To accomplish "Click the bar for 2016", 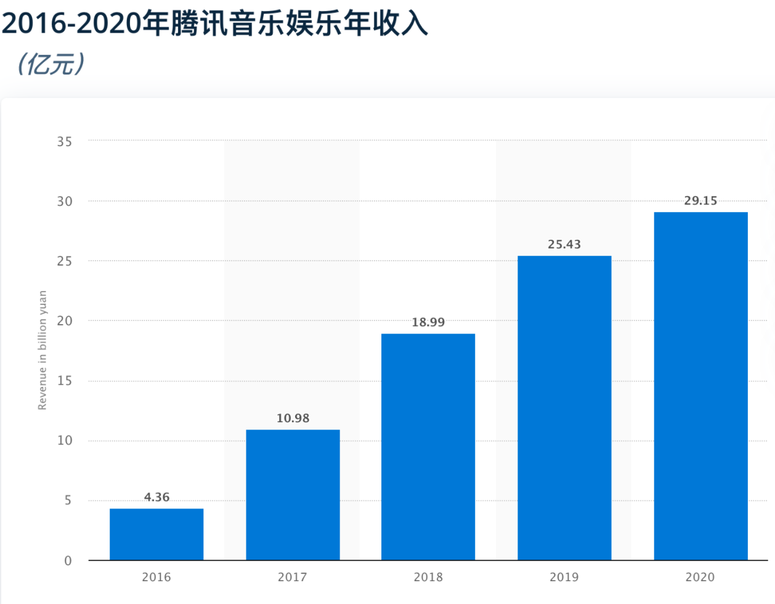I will (156, 534).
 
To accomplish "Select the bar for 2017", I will (293, 494).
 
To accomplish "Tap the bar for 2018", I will (428, 446).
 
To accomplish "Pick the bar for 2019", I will (564, 407).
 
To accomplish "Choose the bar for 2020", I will (700, 386).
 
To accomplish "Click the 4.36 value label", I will (156, 497).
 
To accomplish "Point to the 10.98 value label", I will (293, 418).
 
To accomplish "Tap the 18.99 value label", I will (428, 322).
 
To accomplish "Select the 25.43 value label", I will (564, 245).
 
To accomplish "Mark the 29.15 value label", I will (700, 201).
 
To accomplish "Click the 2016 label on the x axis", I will (156, 577).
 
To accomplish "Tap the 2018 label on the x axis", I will (428, 577).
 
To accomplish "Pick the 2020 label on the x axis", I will (700, 577).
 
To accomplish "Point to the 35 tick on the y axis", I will (65, 142).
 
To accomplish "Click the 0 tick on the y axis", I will (68, 561).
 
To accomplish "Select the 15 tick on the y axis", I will (65, 381).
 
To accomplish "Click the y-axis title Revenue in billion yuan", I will (43, 350).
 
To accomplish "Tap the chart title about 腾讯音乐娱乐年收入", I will (214, 23).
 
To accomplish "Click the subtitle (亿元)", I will (51, 64).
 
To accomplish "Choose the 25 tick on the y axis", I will (65, 261).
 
